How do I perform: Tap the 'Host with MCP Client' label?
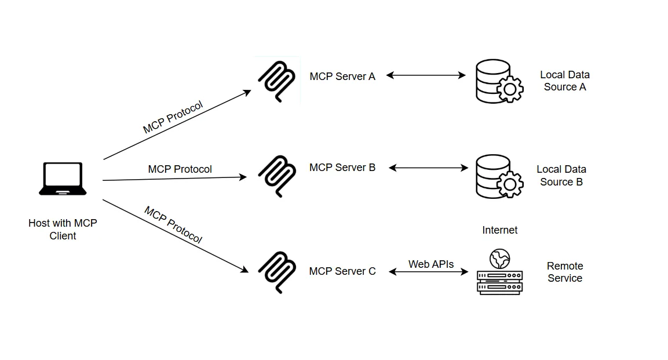pos(63,230)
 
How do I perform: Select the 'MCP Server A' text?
pos(342,77)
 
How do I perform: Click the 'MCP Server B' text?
pos(342,168)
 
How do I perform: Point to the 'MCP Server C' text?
pos(342,271)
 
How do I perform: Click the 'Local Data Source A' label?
pos(565,81)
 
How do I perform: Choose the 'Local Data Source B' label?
pos(561,176)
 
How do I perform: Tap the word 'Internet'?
pos(500,230)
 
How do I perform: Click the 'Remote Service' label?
pos(565,272)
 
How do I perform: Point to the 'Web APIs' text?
pos(431,264)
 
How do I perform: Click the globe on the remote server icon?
pos(499,258)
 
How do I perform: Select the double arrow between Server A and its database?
pos(426,75)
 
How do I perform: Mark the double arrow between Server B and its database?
pos(428,168)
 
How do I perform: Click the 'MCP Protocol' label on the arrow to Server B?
pos(180,169)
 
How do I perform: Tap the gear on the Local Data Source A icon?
pos(510,89)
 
